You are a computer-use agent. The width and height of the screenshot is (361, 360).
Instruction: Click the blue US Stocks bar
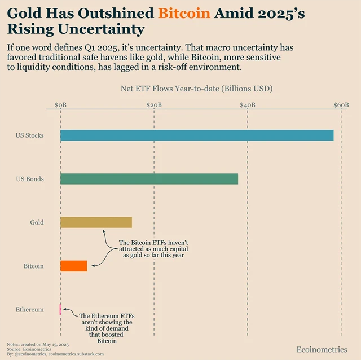[x=197, y=135]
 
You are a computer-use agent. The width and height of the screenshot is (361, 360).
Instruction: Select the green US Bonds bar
[x=149, y=179]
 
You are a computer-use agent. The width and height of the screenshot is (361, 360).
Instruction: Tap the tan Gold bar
[x=96, y=222]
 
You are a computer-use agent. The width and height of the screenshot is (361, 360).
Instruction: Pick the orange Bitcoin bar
[x=74, y=266]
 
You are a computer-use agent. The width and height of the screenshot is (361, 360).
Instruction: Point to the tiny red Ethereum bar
[x=60, y=309]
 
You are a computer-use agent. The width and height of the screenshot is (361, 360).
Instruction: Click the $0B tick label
[x=60, y=105]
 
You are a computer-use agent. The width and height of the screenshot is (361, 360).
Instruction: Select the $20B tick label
[x=154, y=105]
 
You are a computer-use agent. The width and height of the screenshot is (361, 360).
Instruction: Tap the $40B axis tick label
[x=247, y=105]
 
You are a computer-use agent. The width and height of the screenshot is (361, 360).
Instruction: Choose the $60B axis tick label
[x=340, y=105]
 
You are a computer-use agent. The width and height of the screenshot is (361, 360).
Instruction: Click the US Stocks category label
[x=30, y=135]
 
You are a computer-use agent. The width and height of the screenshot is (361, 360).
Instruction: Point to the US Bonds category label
[x=30, y=179]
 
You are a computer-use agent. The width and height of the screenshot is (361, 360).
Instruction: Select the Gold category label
[x=37, y=222]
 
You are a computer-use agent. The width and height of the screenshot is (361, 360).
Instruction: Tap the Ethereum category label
[x=30, y=309]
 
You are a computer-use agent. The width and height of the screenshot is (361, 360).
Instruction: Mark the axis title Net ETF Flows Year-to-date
[x=196, y=89]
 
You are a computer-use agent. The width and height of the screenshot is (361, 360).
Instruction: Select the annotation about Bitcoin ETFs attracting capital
[x=154, y=249]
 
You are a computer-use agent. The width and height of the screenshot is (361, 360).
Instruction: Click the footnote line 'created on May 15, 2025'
[x=38, y=344]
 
